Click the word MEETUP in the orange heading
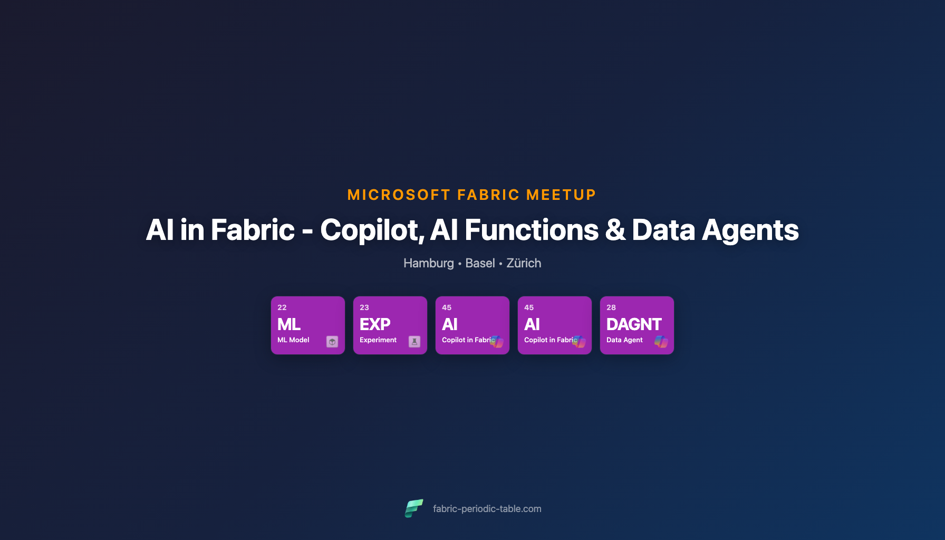click(x=561, y=195)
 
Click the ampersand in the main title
click(x=615, y=230)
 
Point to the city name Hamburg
click(x=428, y=263)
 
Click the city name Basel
click(x=480, y=263)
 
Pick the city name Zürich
click(x=524, y=263)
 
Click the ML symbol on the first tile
click(x=289, y=324)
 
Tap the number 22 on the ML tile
click(x=282, y=307)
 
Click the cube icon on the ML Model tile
click(x=332, y=342)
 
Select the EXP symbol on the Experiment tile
click(x=375, y=324)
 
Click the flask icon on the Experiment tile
click(x=414, y=342)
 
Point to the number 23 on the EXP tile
click(x=364, y=307)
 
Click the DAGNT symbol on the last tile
click(x=634, y=324)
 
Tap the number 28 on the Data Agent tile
click(x=611, y=307)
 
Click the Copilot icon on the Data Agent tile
click(x=661, y=342)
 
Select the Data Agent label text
click(x=624, y=340)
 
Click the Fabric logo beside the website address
click(x=414, y=508)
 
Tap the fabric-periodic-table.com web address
click(x=487, y=509)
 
